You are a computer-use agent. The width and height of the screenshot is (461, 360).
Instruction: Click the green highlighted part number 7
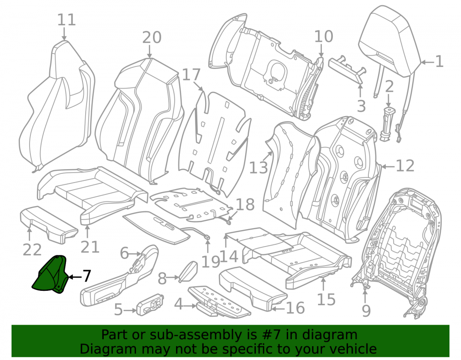click(x=50, y=275)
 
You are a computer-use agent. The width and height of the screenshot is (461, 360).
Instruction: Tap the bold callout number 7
click(x=86, y=277)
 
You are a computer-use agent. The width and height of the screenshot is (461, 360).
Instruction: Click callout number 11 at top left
click(x=66, y=20)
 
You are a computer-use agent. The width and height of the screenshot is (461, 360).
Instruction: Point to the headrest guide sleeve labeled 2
click(x=389, y=124)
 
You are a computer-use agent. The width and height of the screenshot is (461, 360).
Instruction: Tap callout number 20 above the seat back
click(x=152, y=37)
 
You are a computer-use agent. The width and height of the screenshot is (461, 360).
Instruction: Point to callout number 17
click(x=191, y=75)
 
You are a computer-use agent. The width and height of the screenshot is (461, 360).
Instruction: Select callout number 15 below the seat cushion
click(x=326, y=299)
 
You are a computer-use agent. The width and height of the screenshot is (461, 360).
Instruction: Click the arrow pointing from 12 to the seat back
click(x=388, y=166)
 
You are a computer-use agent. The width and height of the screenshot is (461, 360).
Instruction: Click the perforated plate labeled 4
click(x=219, y=301)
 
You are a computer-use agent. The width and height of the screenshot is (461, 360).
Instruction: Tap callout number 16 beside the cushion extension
click(x=296, y=308)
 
